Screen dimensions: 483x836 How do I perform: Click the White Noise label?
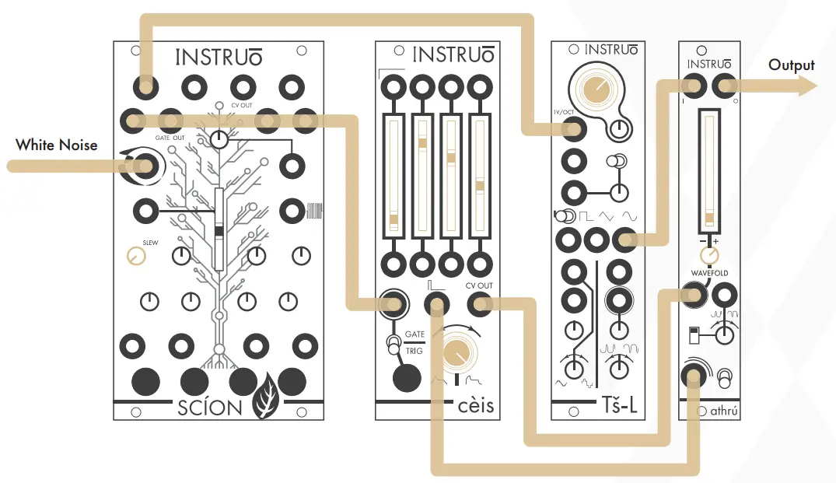tap(57, 145)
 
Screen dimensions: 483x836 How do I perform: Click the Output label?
tap(791, 65)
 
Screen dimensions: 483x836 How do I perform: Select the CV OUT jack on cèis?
tap(480, 304)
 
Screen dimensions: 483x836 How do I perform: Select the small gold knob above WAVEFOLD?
tap(708, 256)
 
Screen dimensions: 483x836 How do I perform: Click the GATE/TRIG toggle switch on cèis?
tap(391, 341)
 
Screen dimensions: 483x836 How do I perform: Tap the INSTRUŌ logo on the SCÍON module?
tap(218, 58)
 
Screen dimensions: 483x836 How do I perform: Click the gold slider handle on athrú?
tap(708, 215)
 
